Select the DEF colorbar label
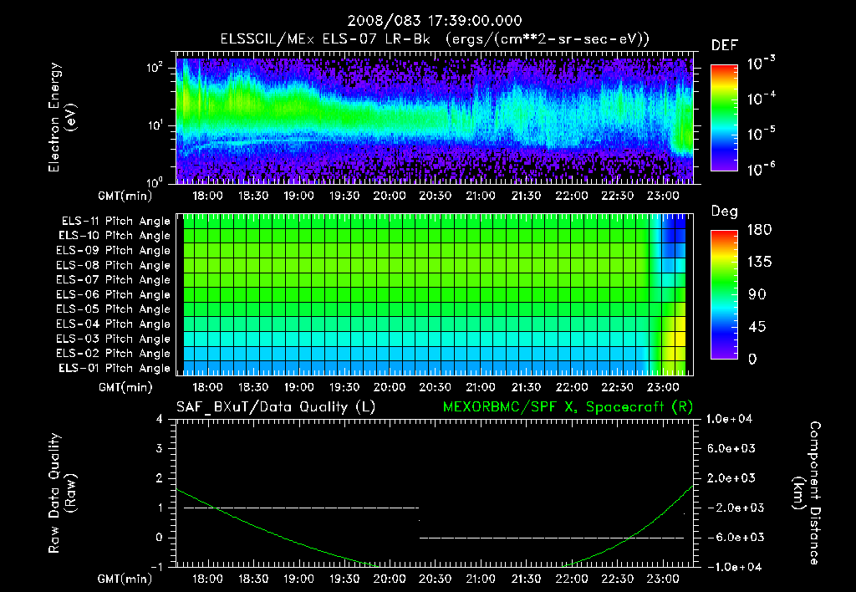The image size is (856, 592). pyautogui.click(x=724, y=46)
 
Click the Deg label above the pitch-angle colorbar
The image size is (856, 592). pyautogui.click(x=724, y=212)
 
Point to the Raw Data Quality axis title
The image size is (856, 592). pyautogui.click(x=64, y=492)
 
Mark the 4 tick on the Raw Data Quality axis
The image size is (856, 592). pyautogui.click(x=160, y=420)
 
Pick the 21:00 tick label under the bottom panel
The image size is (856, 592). pyautogui.click(x=480, y=579)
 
